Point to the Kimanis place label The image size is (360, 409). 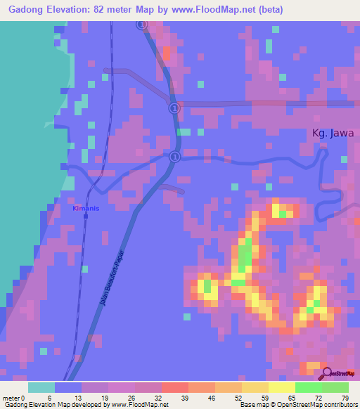pyautogui.click(x=86, y=209)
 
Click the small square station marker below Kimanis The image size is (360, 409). pyautogui.click(x=86, y=216)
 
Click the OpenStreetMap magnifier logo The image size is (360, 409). pyautogui.click(x=327, y=372)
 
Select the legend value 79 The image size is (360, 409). pyautogui.click(x=345, y=379)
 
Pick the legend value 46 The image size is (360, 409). pyautogui.click(x=211, y=379)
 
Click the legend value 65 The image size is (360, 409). pyautogui.click(x=291, y=379)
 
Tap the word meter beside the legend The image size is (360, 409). pyautogui.click(x=10, y=379)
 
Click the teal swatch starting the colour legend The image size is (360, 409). pyautogui.click(x=41, y=388)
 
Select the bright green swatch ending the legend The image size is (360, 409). pyautogui.click(x=335, y=388)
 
